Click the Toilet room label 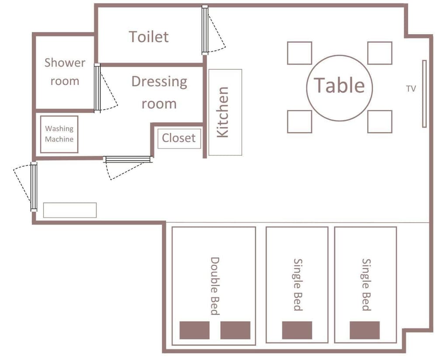tap(149, 37)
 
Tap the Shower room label tap(65, 72)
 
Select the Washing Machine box tap(59, 134)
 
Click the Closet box tap(179, 138)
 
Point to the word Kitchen tap(223, 112)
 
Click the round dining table tap(340, 88)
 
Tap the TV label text tap(411, 89)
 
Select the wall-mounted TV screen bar tap(424, 94)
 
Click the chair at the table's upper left tap(299, 53)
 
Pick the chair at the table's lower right tap(380, 121)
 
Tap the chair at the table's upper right tap(380, 53)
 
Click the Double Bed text tap(215, 286)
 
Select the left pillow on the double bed tap(194, 330)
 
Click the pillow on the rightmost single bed tap(364, 330)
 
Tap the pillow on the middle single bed tap(297, 330)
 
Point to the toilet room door tap(205, 30)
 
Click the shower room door tap(97, 88)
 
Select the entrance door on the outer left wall tap(34, 187)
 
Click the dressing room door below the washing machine tap(128, 159)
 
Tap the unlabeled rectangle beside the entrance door tap(70, 210)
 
